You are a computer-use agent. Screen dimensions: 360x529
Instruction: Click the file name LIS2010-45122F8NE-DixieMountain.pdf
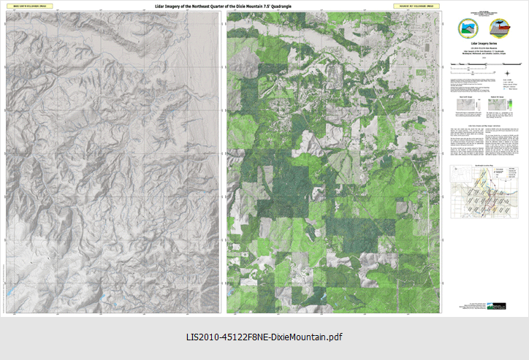pyautogui.click(x=264, y=337)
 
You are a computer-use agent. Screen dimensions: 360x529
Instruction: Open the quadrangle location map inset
pyautogui.click(x=484, y=197)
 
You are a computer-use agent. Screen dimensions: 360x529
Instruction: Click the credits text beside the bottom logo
pyautogui.click(x=479, y=306)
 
